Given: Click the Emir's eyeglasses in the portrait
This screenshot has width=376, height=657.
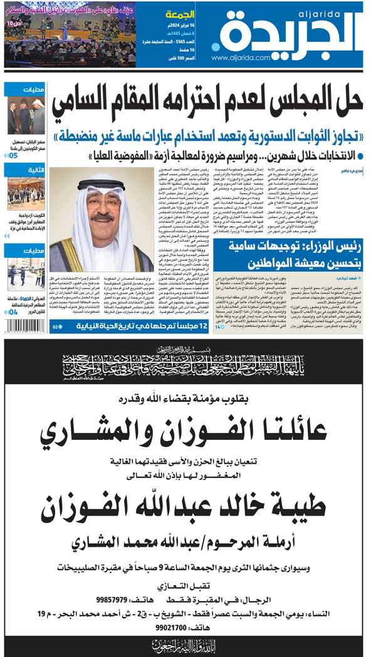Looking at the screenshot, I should click(102, 196).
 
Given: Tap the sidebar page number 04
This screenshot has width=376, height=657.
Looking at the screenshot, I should click(13, 311).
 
